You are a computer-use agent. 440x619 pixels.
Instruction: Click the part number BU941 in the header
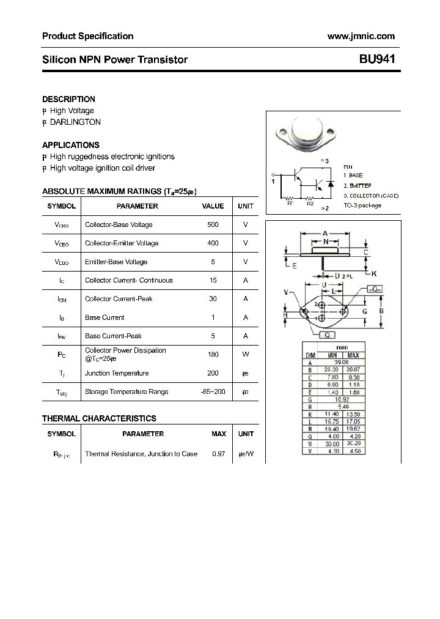point(377,59)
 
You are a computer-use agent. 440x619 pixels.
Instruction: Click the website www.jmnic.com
point(361,36)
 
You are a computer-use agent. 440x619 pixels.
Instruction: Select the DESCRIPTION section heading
point(68,99)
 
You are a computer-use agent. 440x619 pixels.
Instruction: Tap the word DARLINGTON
point(75,122)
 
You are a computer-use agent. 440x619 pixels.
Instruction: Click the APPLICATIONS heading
point(70,145)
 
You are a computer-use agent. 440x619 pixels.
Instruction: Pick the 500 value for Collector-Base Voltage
point(213,224)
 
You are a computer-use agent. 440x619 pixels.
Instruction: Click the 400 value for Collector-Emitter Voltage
point(213,243)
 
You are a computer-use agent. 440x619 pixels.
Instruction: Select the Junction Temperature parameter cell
point(117,373)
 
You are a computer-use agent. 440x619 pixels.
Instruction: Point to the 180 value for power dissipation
point(213,354)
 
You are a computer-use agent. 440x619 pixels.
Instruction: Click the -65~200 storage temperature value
point(213,391)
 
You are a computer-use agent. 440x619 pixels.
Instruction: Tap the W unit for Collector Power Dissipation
point(246,354)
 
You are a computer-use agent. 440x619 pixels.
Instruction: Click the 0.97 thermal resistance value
point(218,454)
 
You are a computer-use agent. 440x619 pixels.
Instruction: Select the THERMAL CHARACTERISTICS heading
point(99,418)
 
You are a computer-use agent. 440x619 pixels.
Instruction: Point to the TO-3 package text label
point(362,206)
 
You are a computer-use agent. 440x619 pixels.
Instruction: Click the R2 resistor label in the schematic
point(310,204)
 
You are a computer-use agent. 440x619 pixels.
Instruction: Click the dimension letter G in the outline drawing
point(364,311)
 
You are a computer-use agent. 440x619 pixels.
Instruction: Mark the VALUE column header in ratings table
point(213,206)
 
